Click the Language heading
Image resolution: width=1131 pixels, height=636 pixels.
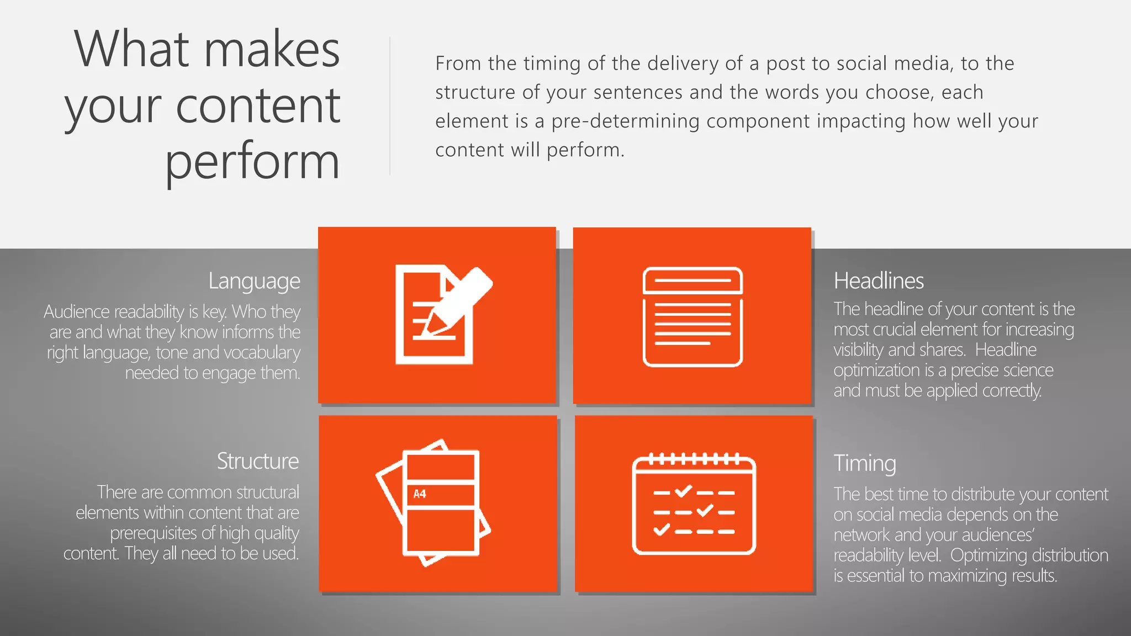(254, 281)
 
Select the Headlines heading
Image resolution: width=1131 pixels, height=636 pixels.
(878, 281)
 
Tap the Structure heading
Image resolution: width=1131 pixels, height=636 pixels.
(257, 461)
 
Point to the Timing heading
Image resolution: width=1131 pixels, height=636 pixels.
(864, 463)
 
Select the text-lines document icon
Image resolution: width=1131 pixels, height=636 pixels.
(693, 317)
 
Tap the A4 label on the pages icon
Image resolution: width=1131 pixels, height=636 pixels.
(420, 494)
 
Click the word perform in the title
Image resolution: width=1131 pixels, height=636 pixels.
(252, 162)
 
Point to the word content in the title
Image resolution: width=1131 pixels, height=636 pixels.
(257, 105)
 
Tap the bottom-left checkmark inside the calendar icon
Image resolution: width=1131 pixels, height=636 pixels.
(661, 531)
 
